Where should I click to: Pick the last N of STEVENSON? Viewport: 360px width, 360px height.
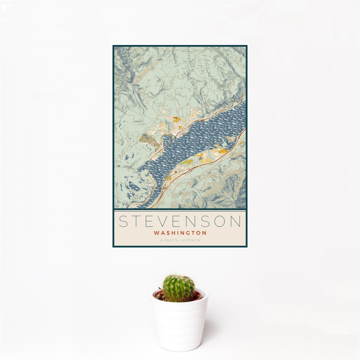(x=236, y=221)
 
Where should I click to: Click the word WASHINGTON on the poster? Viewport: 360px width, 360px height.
(x=180, y=233)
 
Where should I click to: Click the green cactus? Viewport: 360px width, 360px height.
(x=178, y=288)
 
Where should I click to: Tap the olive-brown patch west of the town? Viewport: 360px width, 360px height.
(x=146, y=139)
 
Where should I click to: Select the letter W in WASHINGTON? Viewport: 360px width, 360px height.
(x=156, y=233)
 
